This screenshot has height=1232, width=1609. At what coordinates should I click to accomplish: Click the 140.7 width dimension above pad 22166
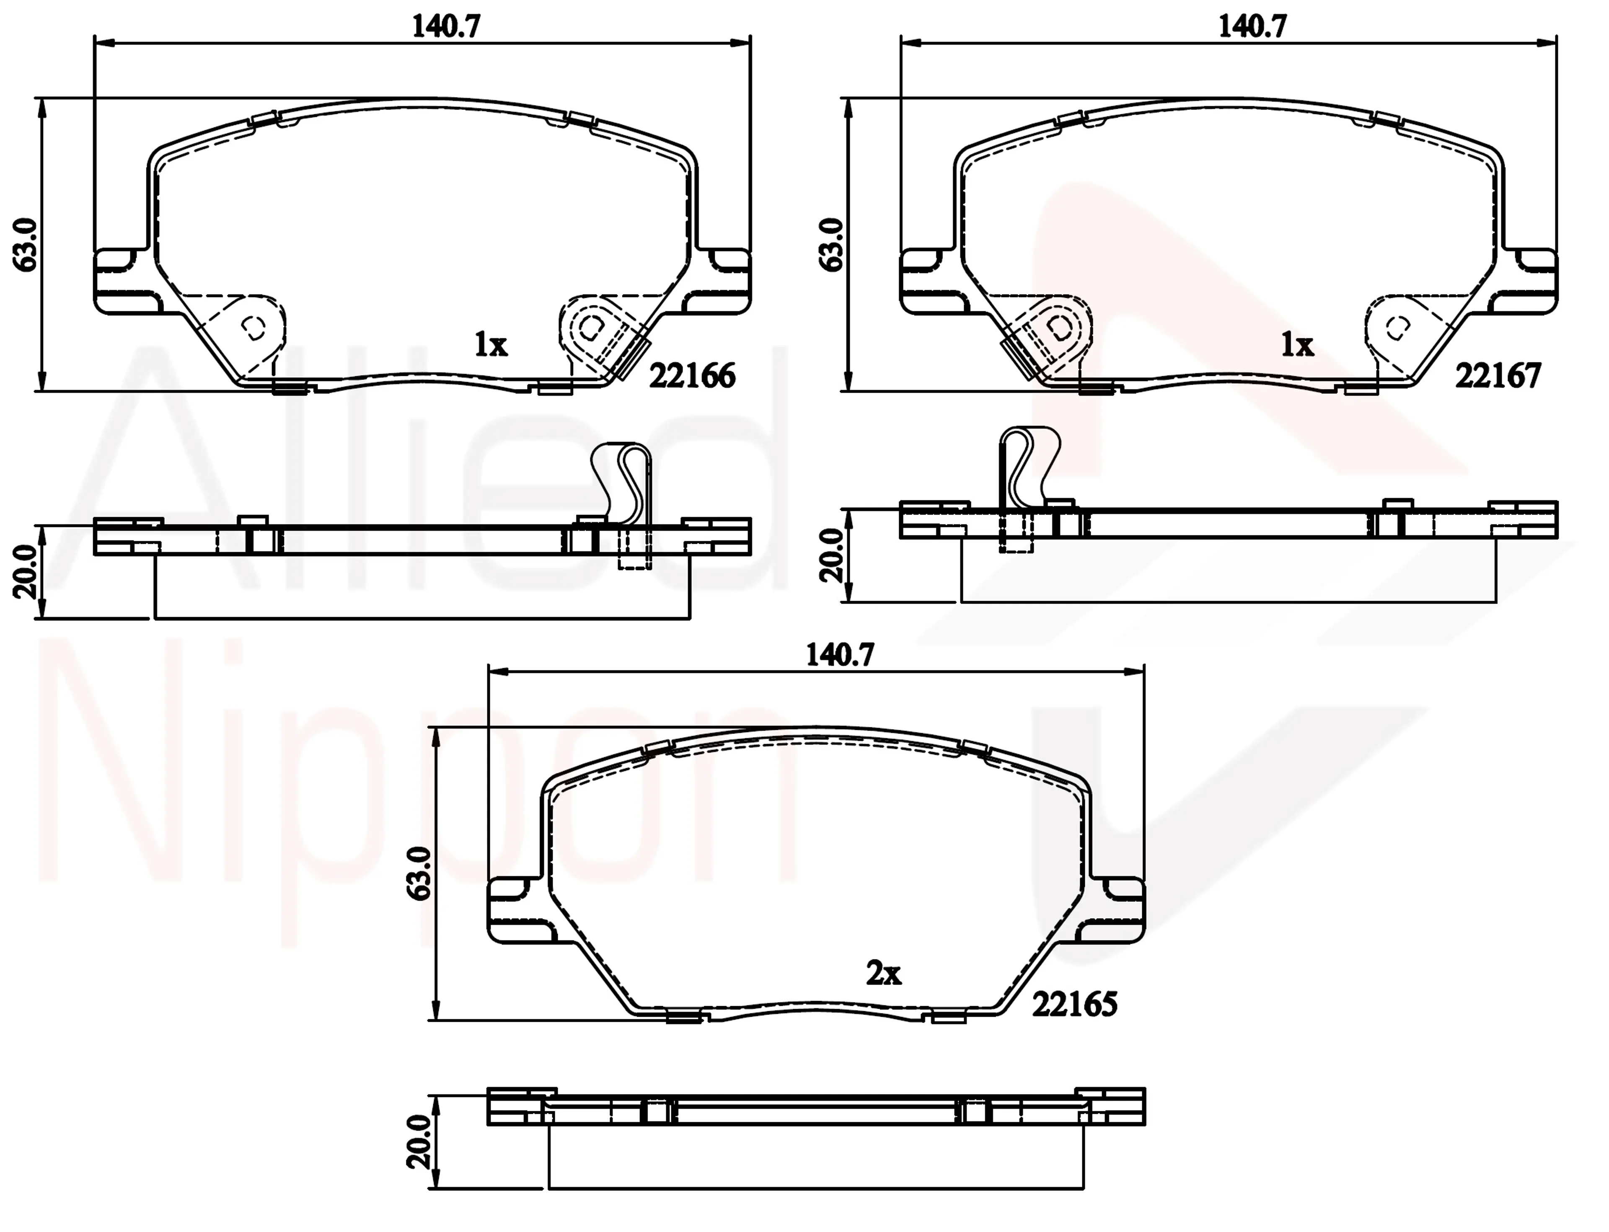446,27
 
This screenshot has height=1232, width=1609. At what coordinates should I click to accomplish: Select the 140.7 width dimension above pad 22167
1252,27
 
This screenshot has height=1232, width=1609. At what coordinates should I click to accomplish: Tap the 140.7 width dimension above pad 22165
841,655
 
